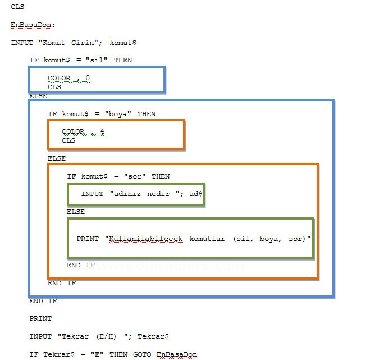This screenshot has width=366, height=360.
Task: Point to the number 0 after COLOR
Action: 88,78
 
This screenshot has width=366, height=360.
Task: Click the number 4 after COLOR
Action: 102,131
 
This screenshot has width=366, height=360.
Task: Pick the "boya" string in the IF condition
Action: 118,113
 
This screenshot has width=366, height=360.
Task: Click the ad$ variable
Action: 196,194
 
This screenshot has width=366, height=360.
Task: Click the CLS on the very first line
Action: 17,7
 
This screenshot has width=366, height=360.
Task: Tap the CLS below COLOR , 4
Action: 68,140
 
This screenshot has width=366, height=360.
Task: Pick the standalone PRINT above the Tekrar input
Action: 40,318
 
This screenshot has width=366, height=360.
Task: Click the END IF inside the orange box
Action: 81,265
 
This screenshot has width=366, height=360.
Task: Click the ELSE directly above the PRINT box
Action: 76,212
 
